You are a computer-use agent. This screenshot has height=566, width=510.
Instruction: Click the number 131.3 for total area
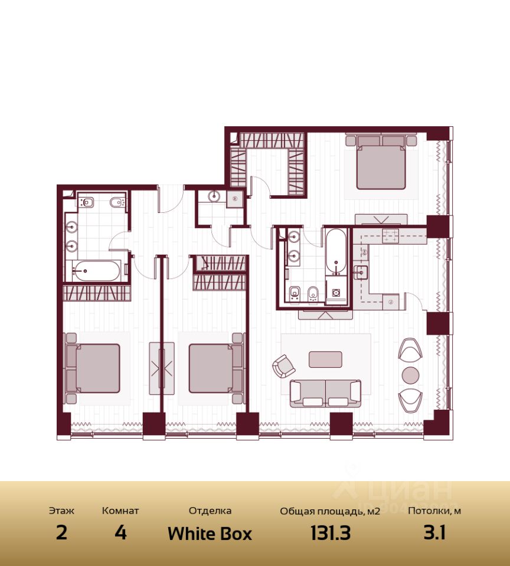pos(331,533)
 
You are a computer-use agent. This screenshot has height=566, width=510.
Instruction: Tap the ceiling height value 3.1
pos(434,532)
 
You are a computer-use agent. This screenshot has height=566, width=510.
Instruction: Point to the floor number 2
pos(61,532)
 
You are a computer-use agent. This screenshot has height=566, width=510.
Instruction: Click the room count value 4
pos(120,532)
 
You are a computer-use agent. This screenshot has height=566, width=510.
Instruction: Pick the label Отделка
pos(210,511)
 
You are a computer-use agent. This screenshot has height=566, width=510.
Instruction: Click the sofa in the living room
pos(325,393)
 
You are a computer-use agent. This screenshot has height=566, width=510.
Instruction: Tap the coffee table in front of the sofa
pos(325,360)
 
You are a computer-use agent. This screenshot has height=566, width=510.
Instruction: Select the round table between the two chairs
pos(411,376)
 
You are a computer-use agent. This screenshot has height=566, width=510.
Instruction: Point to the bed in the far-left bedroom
pos(93,368)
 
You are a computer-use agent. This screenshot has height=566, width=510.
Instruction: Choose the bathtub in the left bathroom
pos(96,271)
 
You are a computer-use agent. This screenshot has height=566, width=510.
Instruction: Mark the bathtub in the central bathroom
pos(336,252)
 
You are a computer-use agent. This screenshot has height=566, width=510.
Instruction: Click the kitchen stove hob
pos(390,236)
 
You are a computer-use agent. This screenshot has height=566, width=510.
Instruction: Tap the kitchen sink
pos(360,272)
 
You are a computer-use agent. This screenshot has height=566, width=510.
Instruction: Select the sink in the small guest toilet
pos(214,196)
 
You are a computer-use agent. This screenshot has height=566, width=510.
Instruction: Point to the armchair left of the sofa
pos(283,366)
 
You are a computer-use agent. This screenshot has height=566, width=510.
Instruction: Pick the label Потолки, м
pos(434,511)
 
